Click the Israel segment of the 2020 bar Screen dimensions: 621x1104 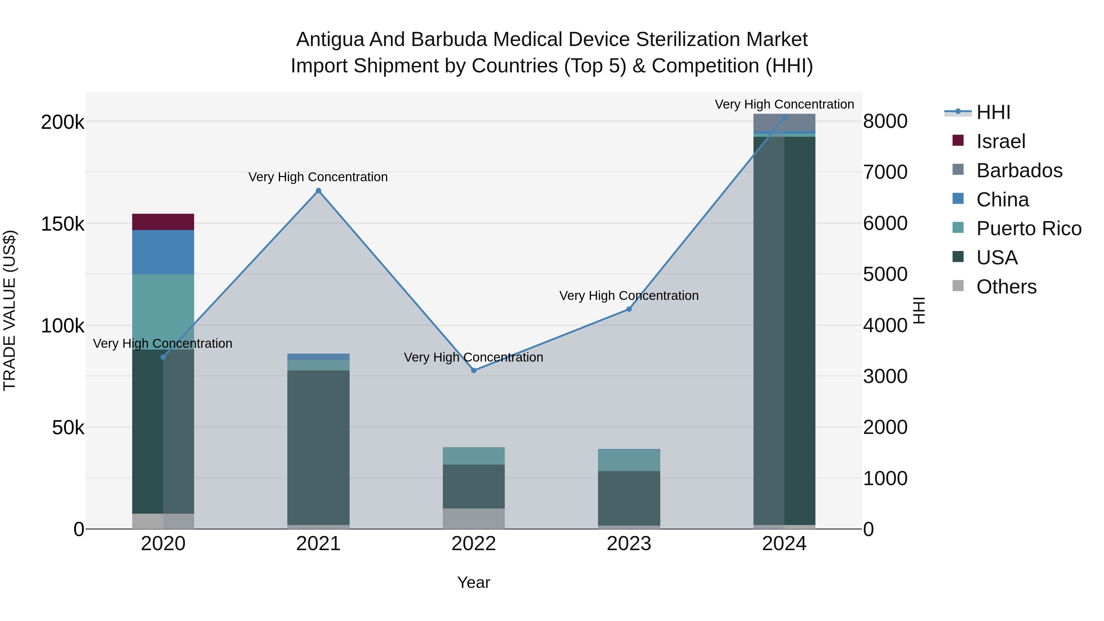[163, 222]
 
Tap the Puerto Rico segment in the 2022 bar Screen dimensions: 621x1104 [473, 456]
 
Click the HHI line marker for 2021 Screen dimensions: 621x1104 [318, 191]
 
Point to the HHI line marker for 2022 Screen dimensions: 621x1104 [473, 370]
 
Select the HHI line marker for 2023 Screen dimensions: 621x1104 [629, 309]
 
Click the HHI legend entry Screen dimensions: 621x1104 [993, 112]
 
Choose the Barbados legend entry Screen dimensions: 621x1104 [1019, 171]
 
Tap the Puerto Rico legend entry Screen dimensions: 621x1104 [1028, 228]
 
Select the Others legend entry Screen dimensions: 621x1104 [1006, 287]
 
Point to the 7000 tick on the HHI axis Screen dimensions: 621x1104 [885, 172]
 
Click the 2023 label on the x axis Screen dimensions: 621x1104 [629, 544]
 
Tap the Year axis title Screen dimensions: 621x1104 [473, 582]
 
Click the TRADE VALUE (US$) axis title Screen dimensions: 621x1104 [10, 310]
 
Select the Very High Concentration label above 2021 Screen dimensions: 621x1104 [318, 177]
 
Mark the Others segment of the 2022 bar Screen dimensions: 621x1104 [473, 518]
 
